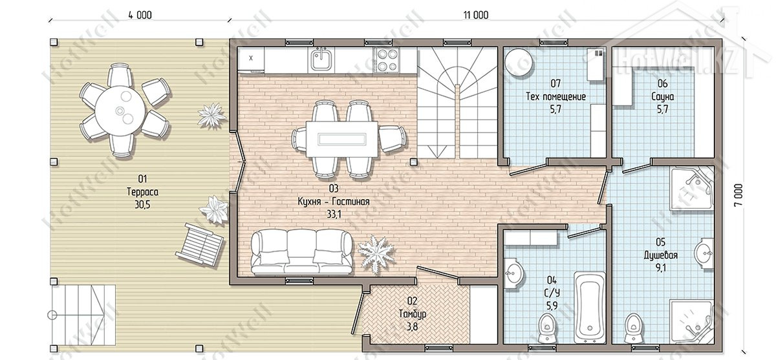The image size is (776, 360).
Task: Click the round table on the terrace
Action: pos(120,111)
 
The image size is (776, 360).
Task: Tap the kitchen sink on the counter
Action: pos(321,60)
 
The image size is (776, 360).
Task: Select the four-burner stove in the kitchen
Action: pos(386,60)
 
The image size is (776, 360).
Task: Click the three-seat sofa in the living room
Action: pos(301,252)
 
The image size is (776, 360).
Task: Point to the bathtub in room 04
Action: pos(590,308)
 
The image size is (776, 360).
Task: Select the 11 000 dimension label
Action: pos(476,15)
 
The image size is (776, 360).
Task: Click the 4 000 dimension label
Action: pos(140,15)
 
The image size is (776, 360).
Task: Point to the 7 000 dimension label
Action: pos(738,195)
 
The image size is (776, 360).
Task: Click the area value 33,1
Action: pos(334,215)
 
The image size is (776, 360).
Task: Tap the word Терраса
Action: pos(142,192)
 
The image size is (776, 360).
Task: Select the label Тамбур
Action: pos(413,314)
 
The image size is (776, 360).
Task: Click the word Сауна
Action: pos(662,96)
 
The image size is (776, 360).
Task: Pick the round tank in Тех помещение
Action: pos(519,63)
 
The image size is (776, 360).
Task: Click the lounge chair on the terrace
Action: pos(200,244)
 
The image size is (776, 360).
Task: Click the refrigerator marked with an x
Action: pos(251,59)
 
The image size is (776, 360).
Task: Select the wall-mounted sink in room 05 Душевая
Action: pos(704,253)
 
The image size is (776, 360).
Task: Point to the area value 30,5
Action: pos(142,205)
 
